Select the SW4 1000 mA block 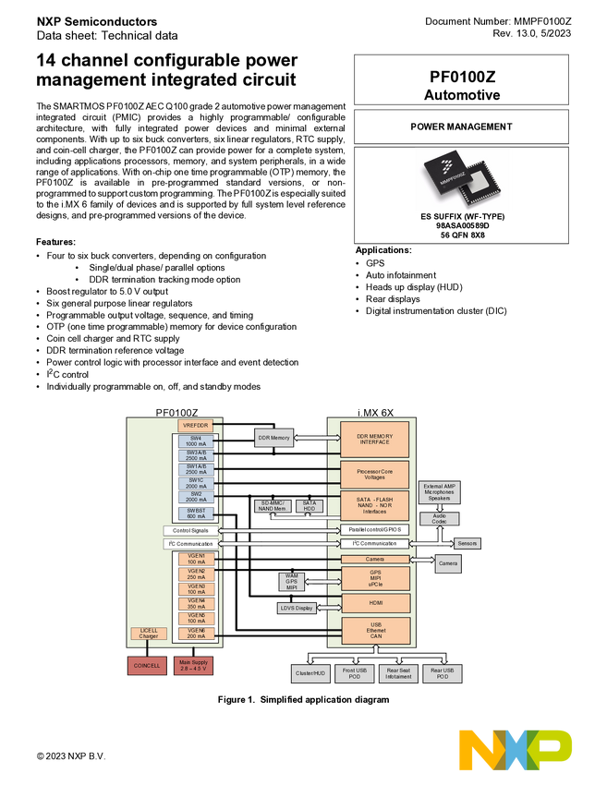pos(196,441)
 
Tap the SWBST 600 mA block pos(196,513)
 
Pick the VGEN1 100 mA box pos(196,559)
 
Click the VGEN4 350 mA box pos(196,603)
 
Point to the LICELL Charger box pos(149,634)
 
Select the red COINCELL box pos(147,665)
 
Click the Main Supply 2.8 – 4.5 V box pos(194,665)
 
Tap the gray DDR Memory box pos(273,438)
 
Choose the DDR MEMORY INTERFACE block pos(375,439)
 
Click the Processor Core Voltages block pos(375,475)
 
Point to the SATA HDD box pos(310,506)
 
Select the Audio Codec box pos(439,519)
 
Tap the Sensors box pos(467,543)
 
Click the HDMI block pos(375,603)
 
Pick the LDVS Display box pos(297,608)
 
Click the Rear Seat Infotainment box pos(399,673)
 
